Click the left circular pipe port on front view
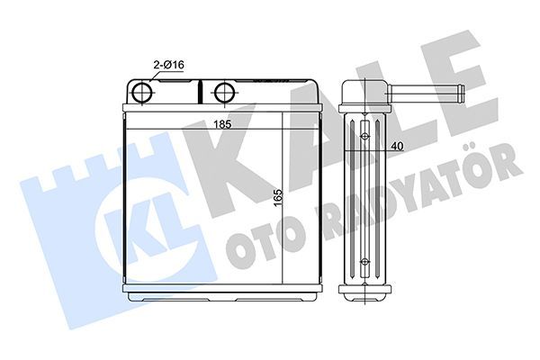pyautogui.click(x=143, y=93)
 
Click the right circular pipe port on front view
pyautogui.click(x=222, y=93)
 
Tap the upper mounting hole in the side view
pyautogui.click(x=364, y=137)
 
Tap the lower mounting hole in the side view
pyautogui.click(x=364, y=262)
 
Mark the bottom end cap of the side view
pyautogui.click(x=364, y=292)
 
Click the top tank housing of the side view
pyautogui.click(x=364, y=93)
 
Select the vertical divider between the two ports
pyautogui.click(x=201, y=93)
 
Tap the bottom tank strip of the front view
pyautogui.click(x=221, y=293)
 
